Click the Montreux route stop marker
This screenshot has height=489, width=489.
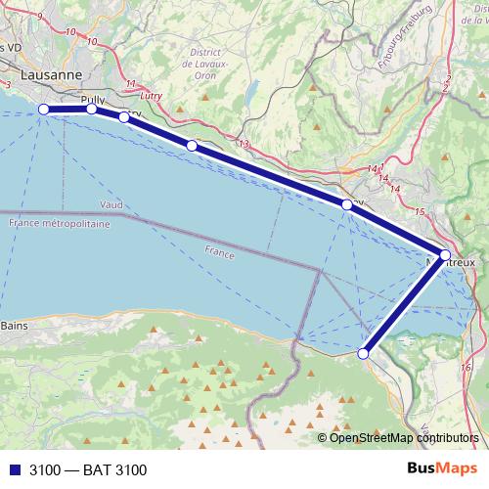[x=445, y=255]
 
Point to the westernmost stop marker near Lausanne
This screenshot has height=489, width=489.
[x=44, y=109]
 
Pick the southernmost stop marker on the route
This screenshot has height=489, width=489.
[x=364, y=354]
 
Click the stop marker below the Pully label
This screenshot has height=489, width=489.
[x=91, y=109]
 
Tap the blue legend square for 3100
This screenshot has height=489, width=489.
[x=15, y=470]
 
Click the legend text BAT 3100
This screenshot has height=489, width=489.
[x=88, y=470]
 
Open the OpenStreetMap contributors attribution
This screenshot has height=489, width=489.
[x=406, y=437]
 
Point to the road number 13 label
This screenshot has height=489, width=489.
[x=244, y=145]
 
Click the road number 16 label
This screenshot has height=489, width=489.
[x=464, y=367]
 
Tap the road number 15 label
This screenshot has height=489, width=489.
[x=420, y=211]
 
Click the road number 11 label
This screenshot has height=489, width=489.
[x=130, y=84]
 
